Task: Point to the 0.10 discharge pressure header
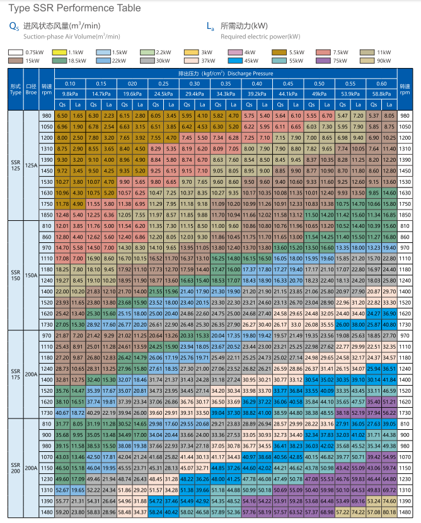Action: click(70, 84)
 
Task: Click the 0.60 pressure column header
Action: click(381, 84)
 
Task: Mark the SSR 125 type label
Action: click(16, 165)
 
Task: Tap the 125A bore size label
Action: click(31, 165)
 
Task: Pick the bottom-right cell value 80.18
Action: click(389, 512)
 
